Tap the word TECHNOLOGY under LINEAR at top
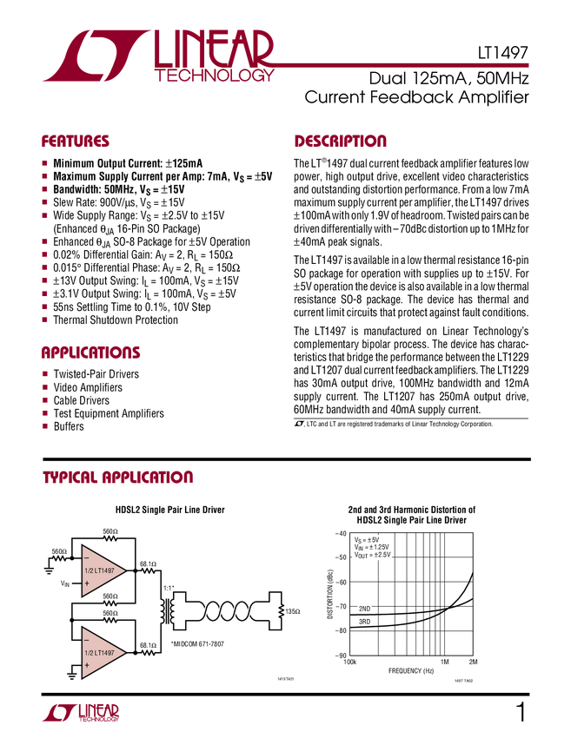coord(215,76)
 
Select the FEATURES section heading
coord(75,142)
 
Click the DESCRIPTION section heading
coord(342,141)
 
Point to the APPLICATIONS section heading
coord(90,353)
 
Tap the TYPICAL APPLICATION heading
coord(119,478)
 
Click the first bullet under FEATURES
coord(45,162)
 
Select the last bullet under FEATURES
coord(45,320)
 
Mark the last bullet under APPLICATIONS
coord(45,425)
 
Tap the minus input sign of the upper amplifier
coord(87,557)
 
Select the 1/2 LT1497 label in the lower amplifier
coord(100,652)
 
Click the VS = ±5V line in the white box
coord(367,539)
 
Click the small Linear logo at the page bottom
coord(80,712)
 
